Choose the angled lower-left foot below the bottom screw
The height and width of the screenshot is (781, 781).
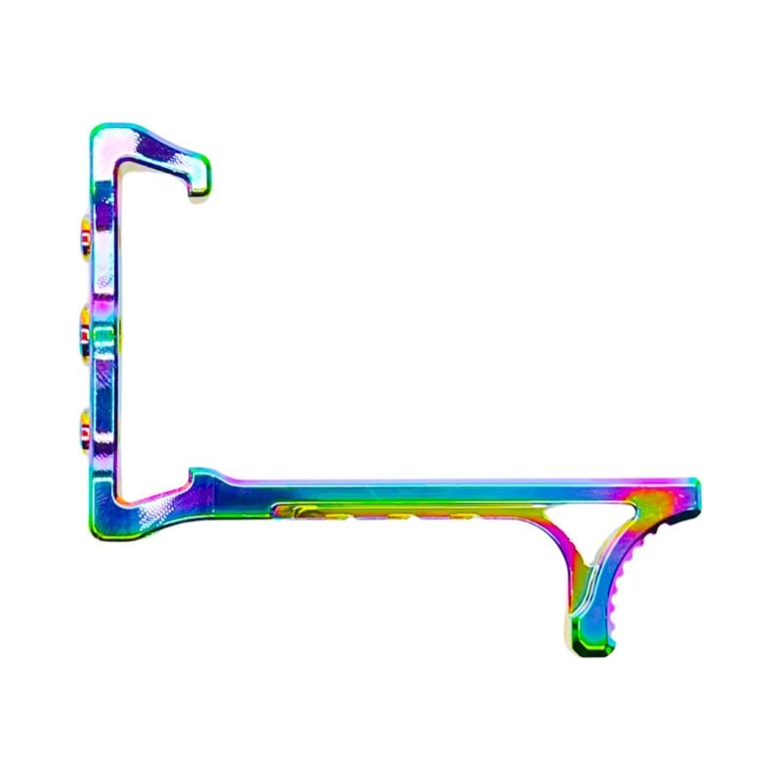click(x=146, y=503)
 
